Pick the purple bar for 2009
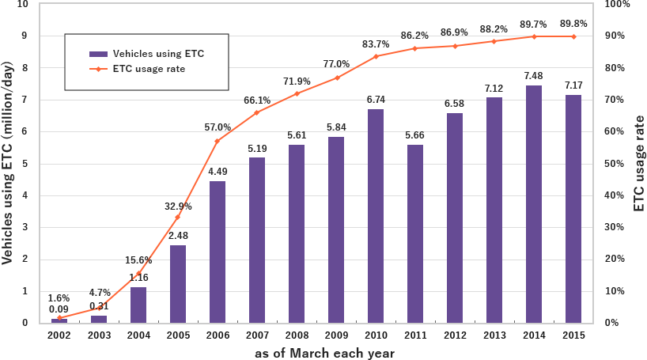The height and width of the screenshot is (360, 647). point(336,229)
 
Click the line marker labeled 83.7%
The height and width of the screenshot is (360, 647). point(376,56)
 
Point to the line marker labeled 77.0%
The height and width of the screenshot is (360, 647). point(336,78)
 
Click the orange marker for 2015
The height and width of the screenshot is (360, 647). point(573,36)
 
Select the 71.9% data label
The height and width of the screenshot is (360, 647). point(297,81)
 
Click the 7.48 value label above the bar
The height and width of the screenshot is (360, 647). point(534,76)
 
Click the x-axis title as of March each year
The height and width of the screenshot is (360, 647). point(324,353)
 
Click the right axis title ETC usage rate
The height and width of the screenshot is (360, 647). point(639,164)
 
